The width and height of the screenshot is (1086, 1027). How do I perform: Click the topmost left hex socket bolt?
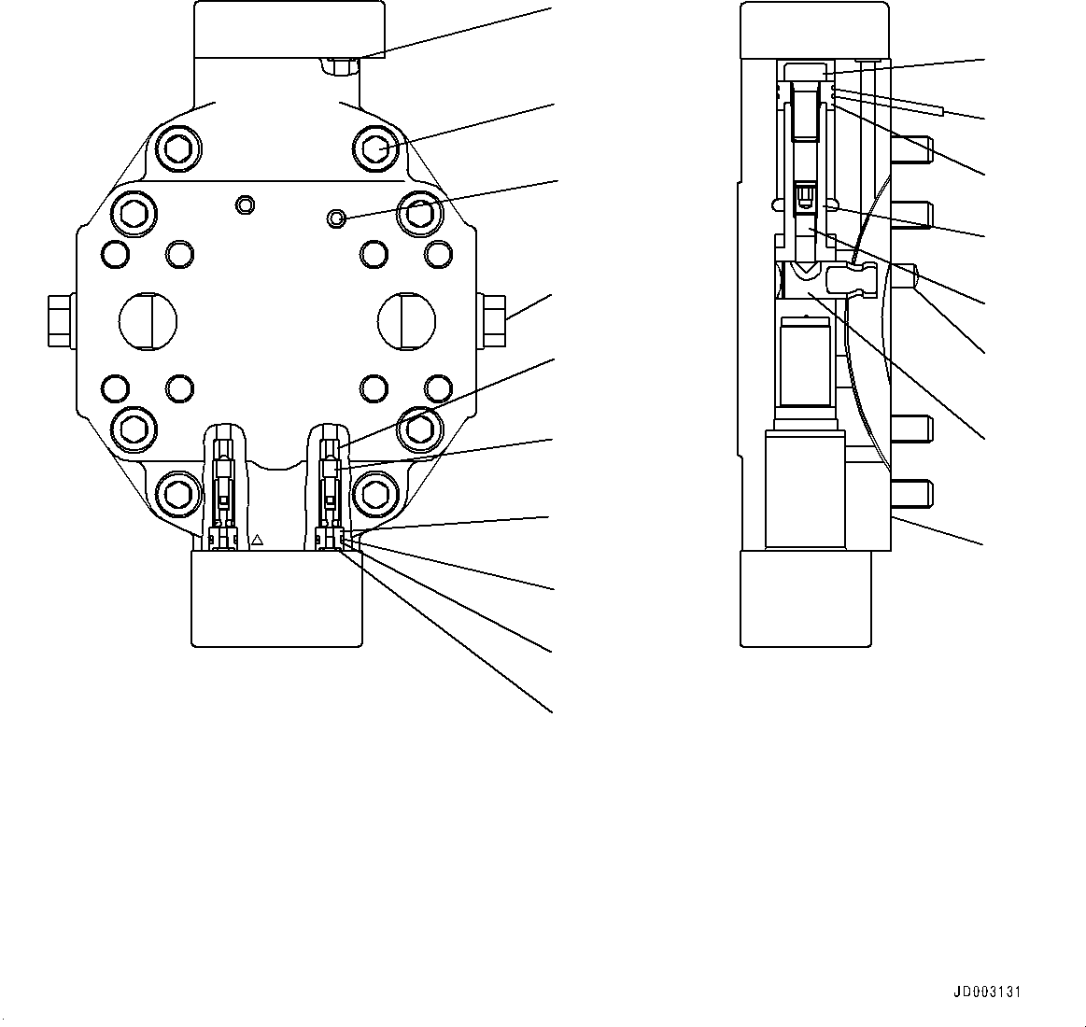coord(178,148)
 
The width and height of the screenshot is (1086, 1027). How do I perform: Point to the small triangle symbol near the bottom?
coord(259,540)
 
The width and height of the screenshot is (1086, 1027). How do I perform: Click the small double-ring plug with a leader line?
coord(335,218)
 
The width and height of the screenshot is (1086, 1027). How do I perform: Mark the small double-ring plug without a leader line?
coord(246,204)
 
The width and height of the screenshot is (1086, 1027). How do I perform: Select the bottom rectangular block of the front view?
coord(276,598)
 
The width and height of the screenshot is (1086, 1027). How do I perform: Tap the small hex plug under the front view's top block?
coord(339,65)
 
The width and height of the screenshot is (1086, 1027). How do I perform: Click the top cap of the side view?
coord(813,30)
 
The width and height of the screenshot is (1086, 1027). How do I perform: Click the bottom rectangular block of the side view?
coord(806,598)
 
